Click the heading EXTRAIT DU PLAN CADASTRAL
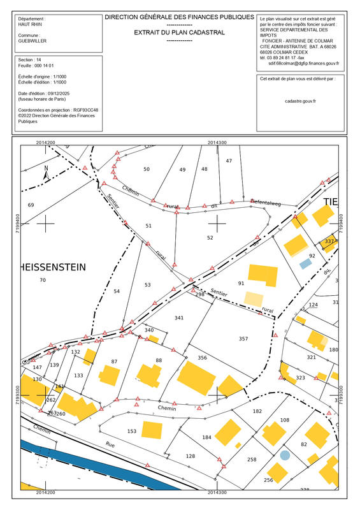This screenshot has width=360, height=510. pos(179,32)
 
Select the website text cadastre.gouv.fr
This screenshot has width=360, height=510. pos(301,101)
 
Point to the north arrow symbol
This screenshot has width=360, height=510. pos(46,171)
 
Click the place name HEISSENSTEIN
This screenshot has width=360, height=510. pos(54,267)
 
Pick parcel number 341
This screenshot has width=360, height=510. pos(179,317)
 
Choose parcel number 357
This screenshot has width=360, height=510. pos(243,338)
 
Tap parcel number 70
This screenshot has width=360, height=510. pos(43,280)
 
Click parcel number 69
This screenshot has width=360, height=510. pos(31,205)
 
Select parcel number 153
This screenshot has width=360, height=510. pos(132,432)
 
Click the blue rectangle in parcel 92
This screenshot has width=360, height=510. pos(306,263)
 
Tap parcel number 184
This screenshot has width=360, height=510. pos(206,437)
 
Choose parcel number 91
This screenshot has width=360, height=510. pos(241,283)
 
